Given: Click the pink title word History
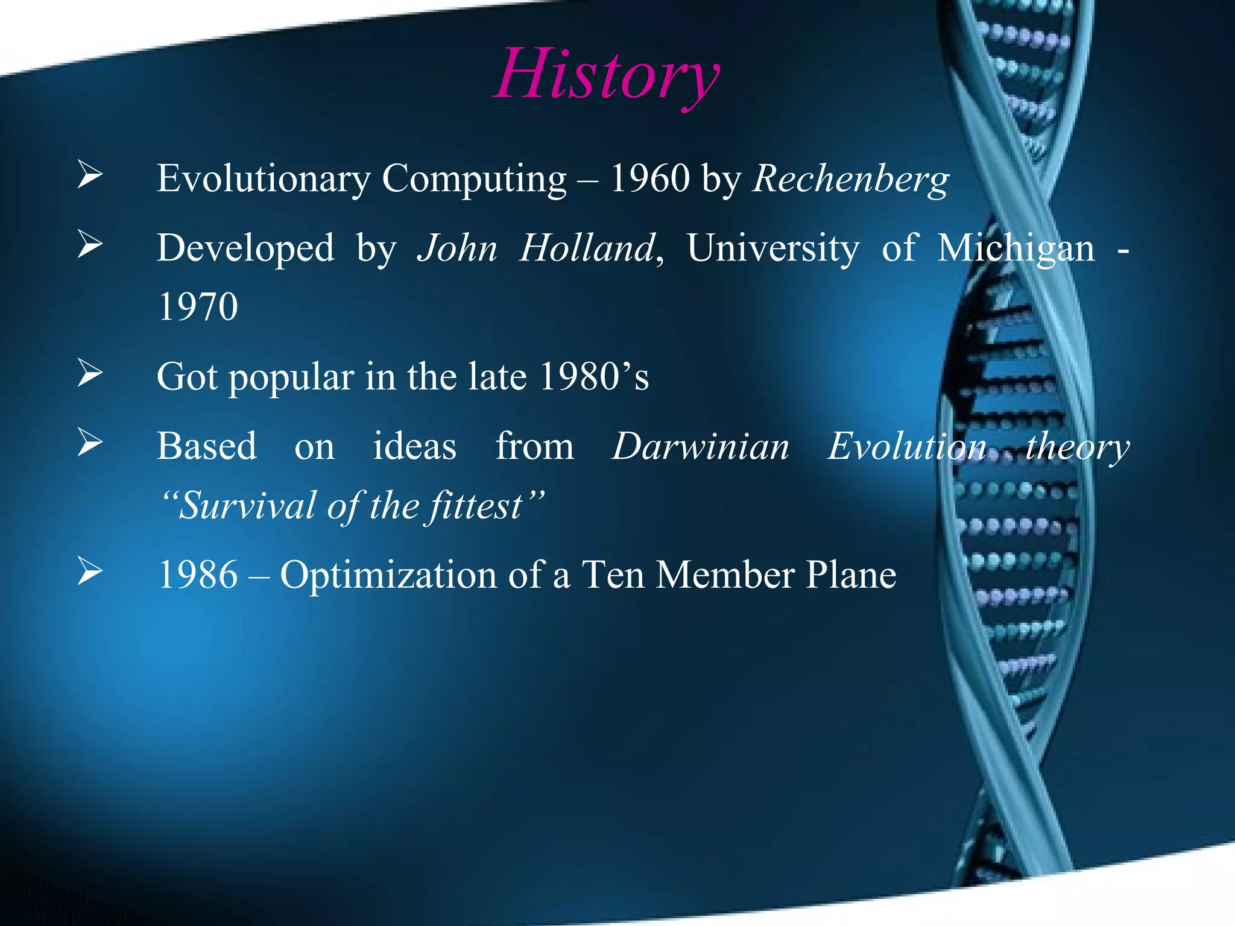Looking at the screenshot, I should [606, 75].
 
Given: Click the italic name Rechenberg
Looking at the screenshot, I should [850, 179].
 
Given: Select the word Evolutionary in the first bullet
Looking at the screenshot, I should [264, 179].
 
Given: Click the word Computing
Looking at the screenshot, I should [474, 179].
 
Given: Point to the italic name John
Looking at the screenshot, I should [457, 248].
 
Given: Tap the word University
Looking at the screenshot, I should [772, 248].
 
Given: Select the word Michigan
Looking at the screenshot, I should [1015, 248].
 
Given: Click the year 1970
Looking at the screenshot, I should [198, 307].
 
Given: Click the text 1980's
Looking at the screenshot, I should [594, 376].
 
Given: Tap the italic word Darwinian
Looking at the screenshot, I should [700, 447].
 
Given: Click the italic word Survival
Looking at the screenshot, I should [247, 506].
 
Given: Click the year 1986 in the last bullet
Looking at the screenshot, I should [198, 575].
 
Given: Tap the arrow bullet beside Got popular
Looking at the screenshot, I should [90, 373].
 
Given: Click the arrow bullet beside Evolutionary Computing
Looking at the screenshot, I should [90, 175].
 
